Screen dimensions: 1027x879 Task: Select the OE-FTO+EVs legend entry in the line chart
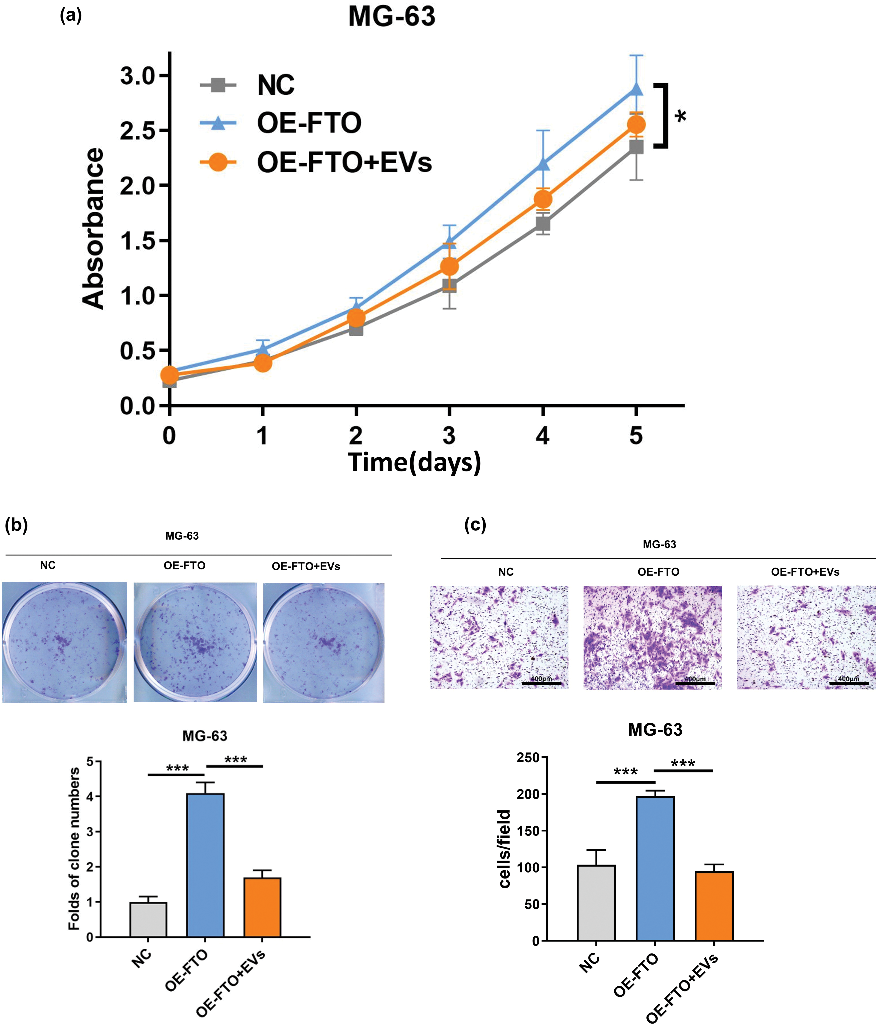pos(344,162)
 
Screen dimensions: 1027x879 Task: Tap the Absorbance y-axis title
pos(93,229)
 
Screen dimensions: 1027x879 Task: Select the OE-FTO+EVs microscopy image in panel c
pos(806,637)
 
